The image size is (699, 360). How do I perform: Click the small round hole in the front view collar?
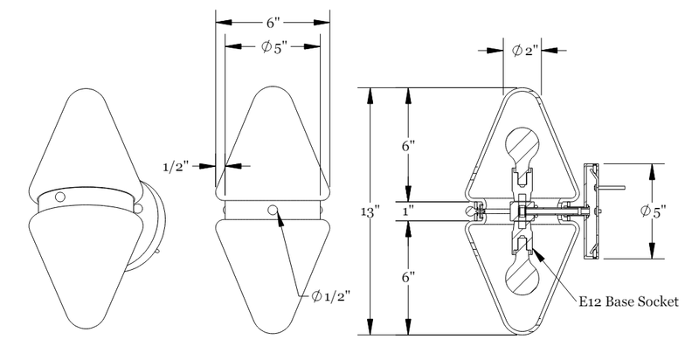pos(274,210)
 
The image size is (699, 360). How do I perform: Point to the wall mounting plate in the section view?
pos(589,211)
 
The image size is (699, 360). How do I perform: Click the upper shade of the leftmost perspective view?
pos(85,140)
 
